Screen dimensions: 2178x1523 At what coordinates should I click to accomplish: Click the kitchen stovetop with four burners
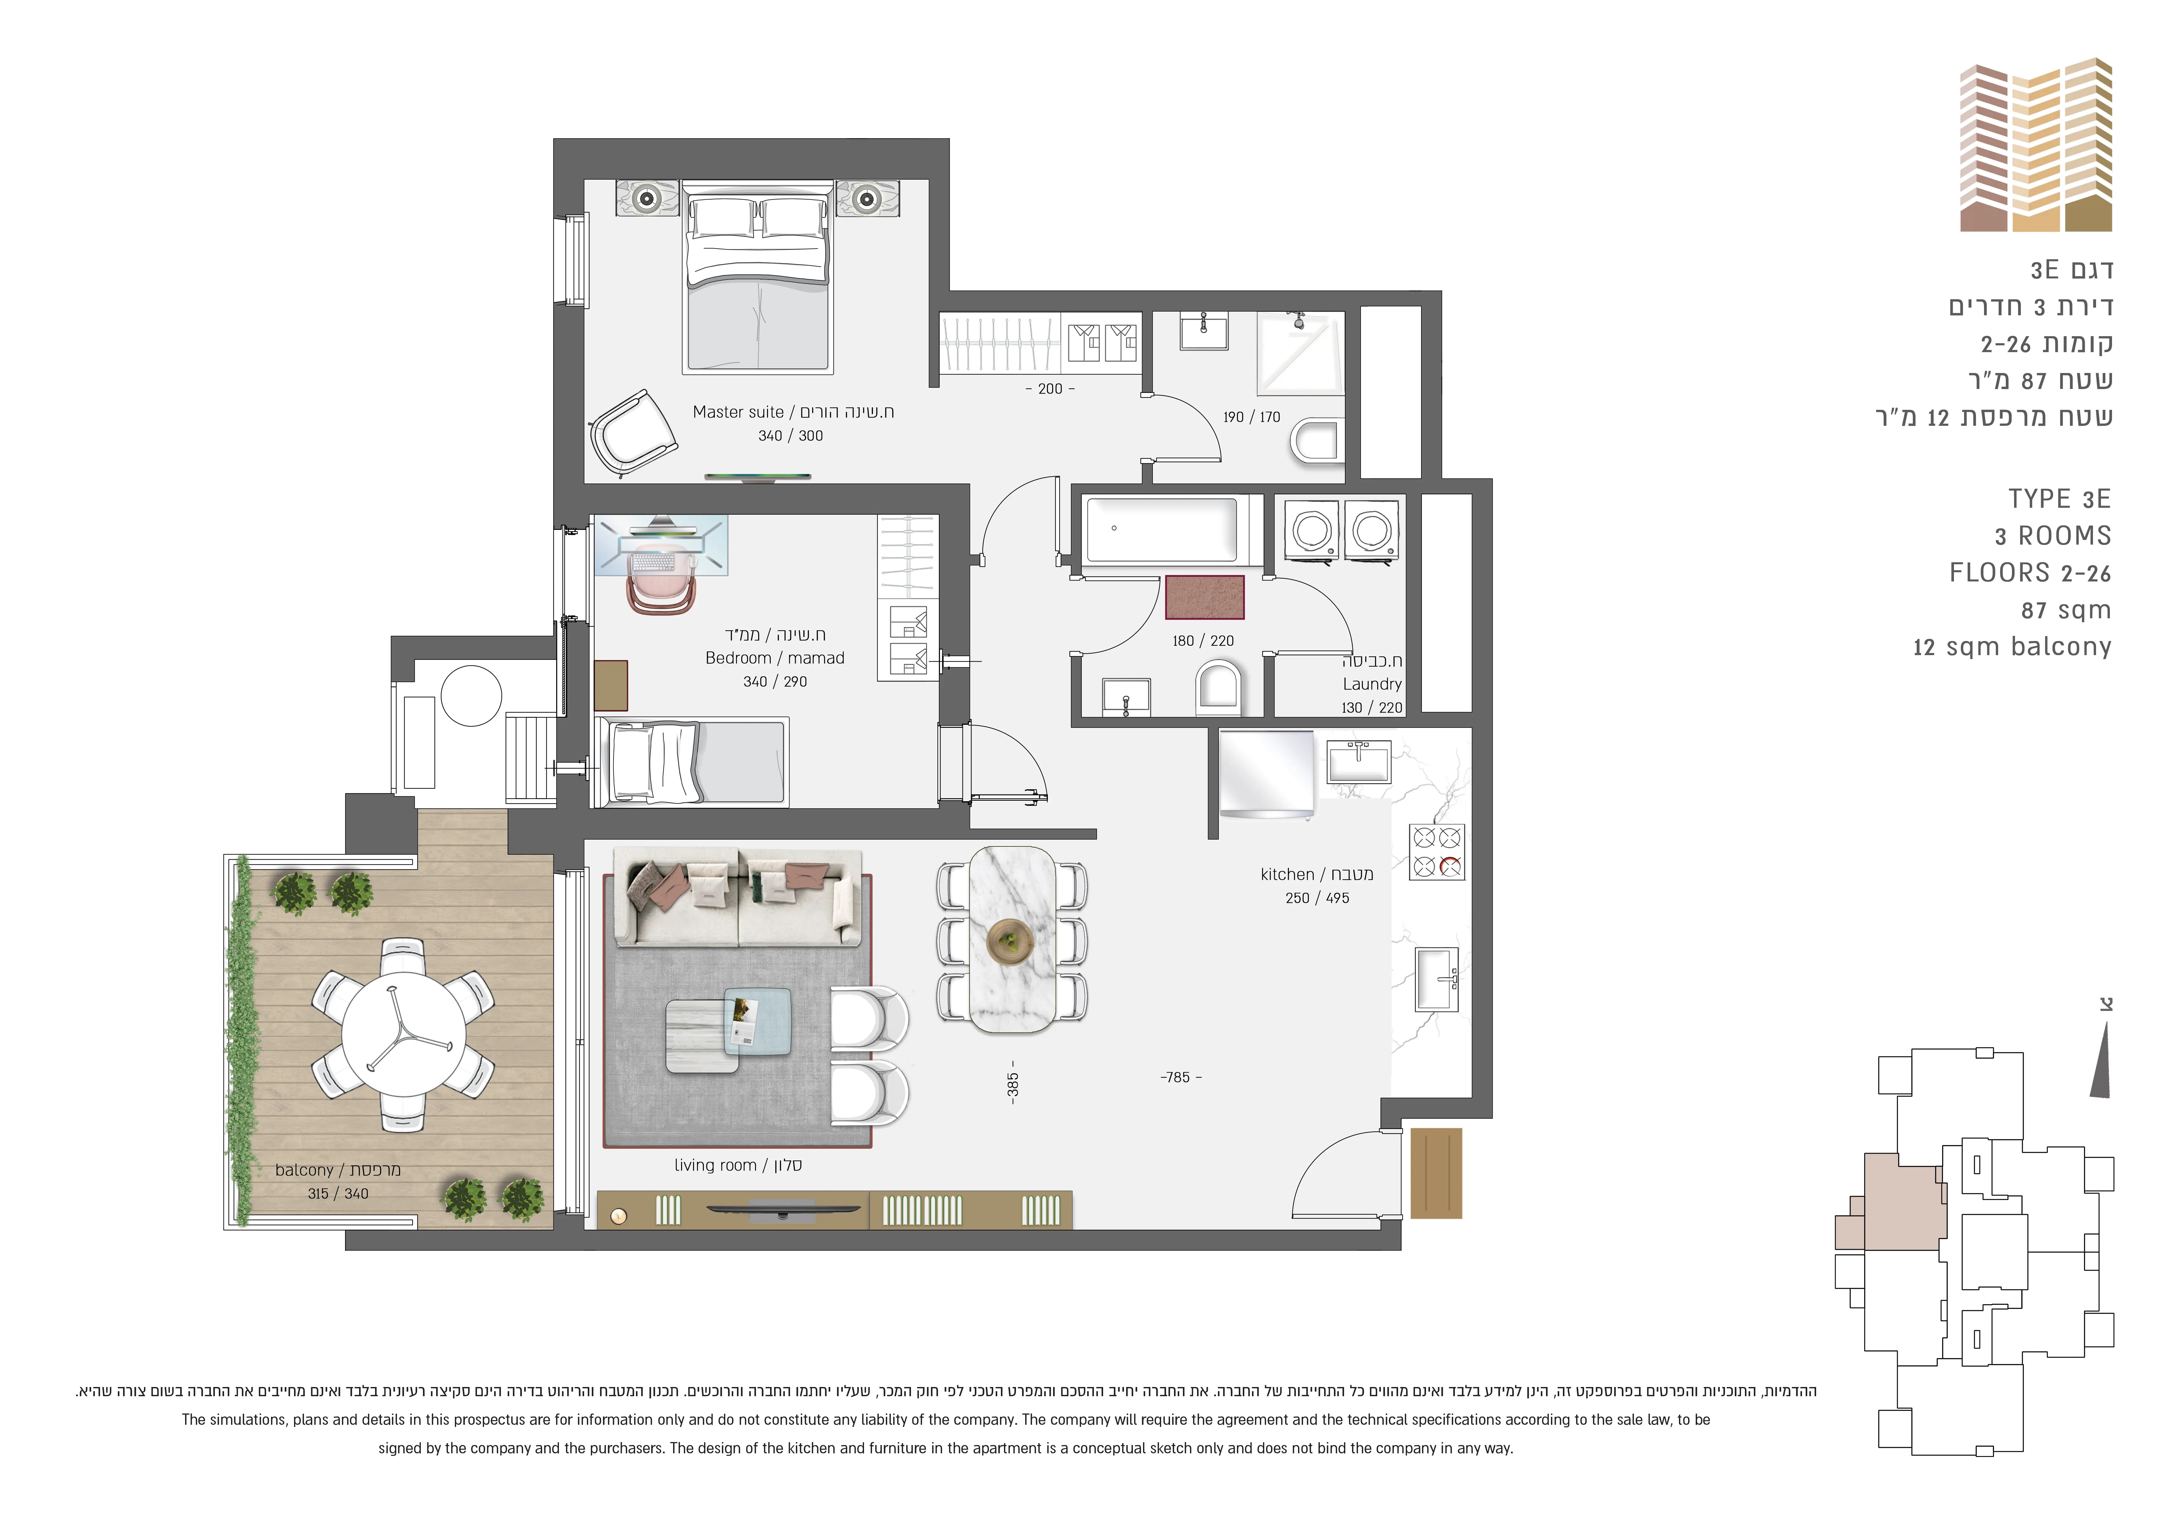[x=1437, y=851]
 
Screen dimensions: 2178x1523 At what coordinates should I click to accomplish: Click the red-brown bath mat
[x=1204, y=597]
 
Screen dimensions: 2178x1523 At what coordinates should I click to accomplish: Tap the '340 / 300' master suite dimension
[x=790, y=436]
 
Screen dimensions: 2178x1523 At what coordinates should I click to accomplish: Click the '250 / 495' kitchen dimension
[x=1317, y=898]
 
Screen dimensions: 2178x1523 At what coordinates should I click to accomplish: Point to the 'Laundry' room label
[x=1372, y=683]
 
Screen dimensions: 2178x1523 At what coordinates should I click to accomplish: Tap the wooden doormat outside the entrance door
[x=1436, y=1173]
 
